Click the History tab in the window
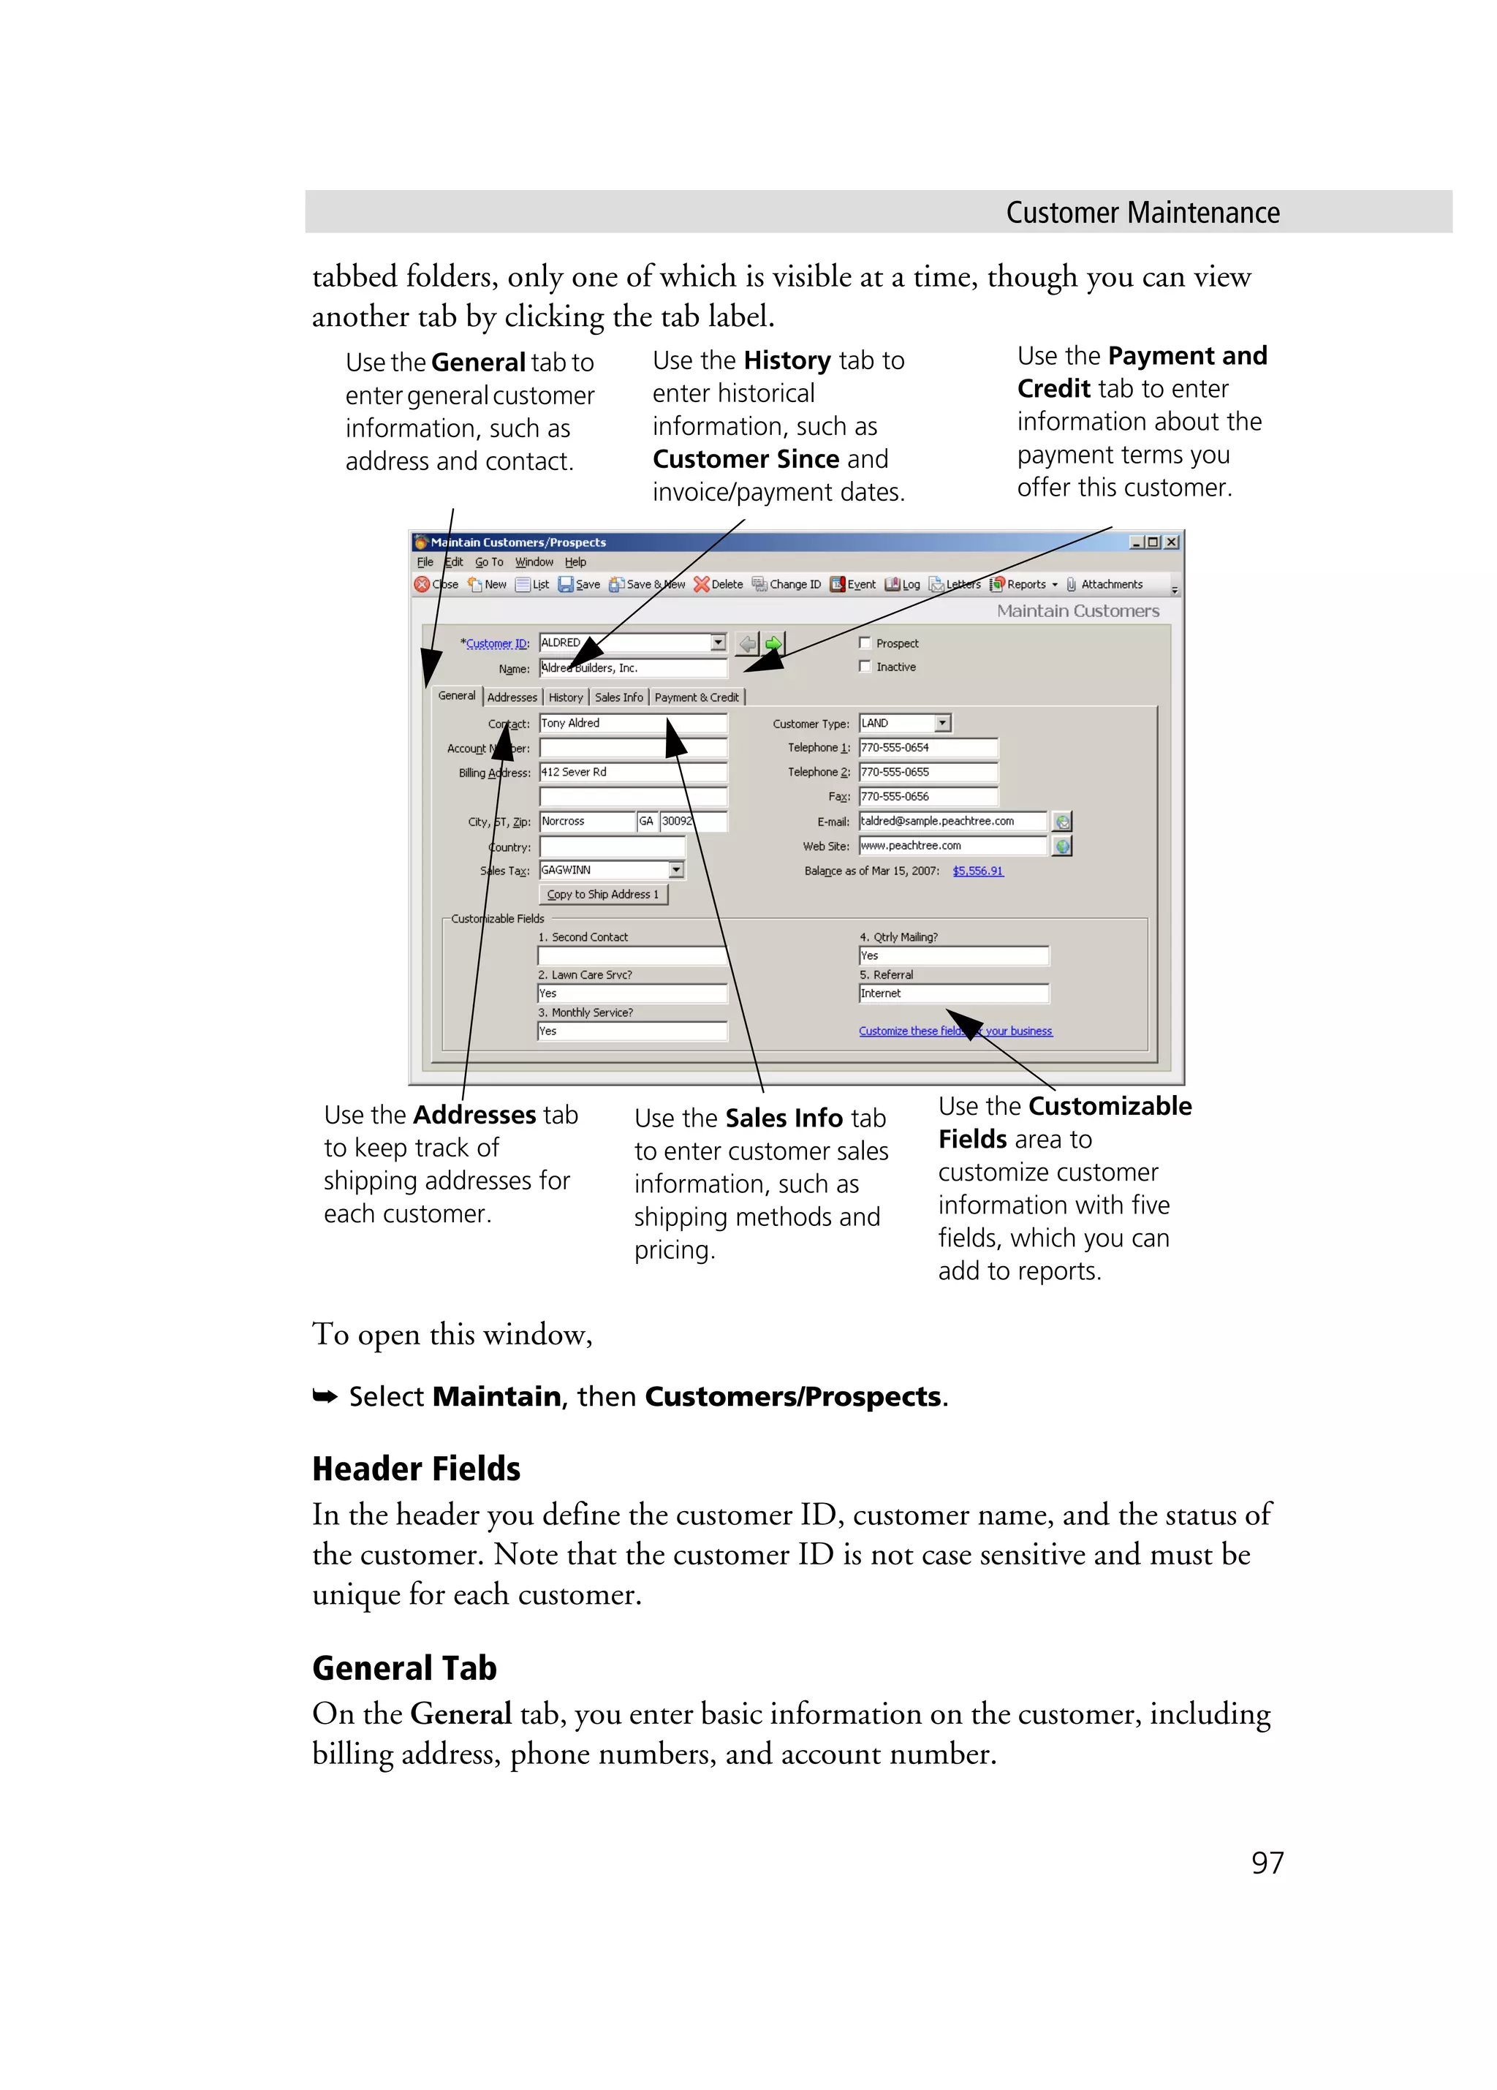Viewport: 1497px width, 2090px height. (566, 697)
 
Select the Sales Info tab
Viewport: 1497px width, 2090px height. (618, 697)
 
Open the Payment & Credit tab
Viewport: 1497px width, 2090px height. (697, 697)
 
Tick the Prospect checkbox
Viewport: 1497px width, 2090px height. (865, 643)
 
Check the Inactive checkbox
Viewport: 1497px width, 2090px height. (865, 666)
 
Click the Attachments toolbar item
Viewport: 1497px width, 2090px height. (1104, 584)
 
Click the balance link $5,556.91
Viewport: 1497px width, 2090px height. (977, 871)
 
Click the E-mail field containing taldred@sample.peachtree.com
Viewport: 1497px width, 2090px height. (952, 821)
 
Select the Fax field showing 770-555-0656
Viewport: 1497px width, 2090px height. (928, 796)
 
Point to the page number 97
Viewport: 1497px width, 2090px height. (1267, 1863)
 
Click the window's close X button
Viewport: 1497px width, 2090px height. (1172, 542)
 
